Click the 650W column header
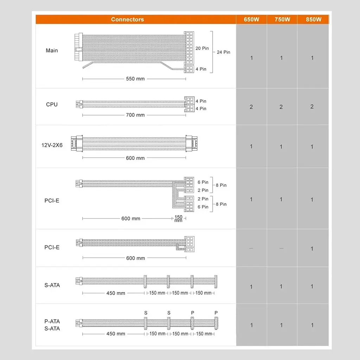click(x=251, y=20)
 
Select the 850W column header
click(x=313, y=20)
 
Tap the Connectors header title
click(x=127, y=20)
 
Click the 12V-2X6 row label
click(x=52, y=145)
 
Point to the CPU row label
click(x=52, y=104)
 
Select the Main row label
click(x=52, y=51)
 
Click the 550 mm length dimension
click(x=135, y=79)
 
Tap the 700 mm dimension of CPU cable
click(x=135, y=115)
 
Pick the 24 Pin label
click(x=223, y=52)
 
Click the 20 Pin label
click(x=202, y=48)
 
